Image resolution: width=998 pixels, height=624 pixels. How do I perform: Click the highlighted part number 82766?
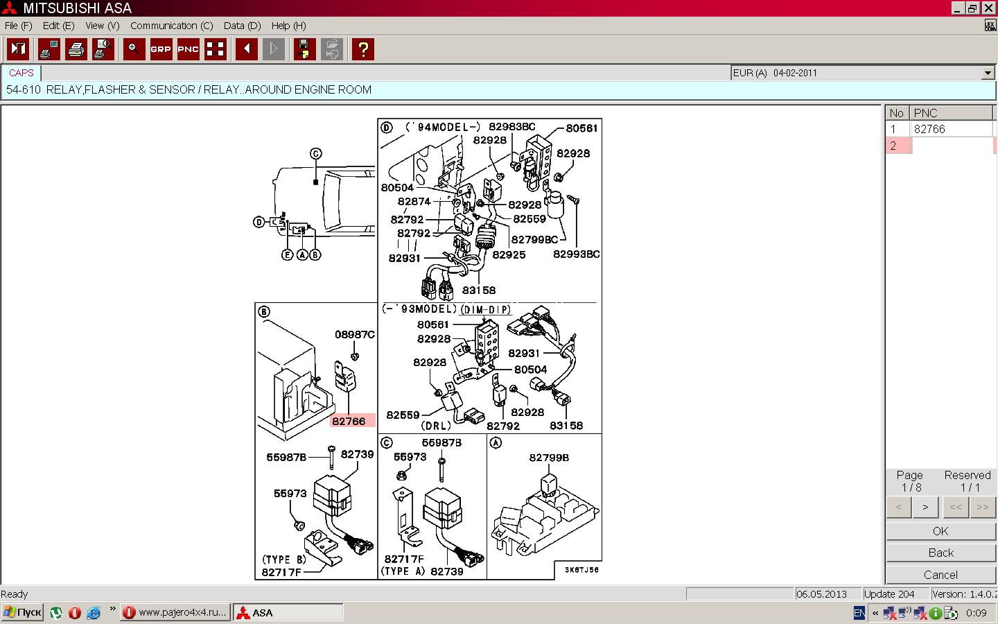pyautogui.click(x=349, y=421)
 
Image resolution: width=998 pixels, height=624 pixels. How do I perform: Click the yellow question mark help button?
pyautogui.click(x=362, y=49)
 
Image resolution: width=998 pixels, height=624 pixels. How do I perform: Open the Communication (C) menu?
pyautogui.click(x=172, y=26)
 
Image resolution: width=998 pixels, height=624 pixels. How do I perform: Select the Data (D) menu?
pyautogui.click(x=242, y=26)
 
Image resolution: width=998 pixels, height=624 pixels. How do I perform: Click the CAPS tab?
pyautogui.click(x=21, y=73)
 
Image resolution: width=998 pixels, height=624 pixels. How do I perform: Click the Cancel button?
pyautogui.click(x=940, y=575)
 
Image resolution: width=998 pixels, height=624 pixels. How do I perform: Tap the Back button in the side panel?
pyautogui.click(x=940, y=553)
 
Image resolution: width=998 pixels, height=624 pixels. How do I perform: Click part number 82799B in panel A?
pyautogui.click(x=549, y=458)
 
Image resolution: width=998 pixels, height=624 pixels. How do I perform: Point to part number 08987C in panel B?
pyautogui.click(x=355, y=334)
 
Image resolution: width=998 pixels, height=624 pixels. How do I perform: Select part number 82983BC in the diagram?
pyautogui.click(x=512, y=127)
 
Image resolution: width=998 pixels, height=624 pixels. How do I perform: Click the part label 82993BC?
pyautogui.click(x=576, y=254)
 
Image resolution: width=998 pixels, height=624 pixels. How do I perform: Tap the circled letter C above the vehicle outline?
pyautogui.click(x=316, y=154)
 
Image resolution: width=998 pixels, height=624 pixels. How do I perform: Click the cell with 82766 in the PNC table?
pyautogui.click(x=951, y=129)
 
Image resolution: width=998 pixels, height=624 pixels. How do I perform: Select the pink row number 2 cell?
pyautogui.click(x=898, y=146)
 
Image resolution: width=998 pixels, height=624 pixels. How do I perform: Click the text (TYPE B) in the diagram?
pyautogui.click(x=284, y=560)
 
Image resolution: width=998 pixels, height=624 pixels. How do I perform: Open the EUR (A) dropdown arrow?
pyautogui.click(x=988, y=73)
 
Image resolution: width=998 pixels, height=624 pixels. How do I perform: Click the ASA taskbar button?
pyautogui.click(x=288, y=613)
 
